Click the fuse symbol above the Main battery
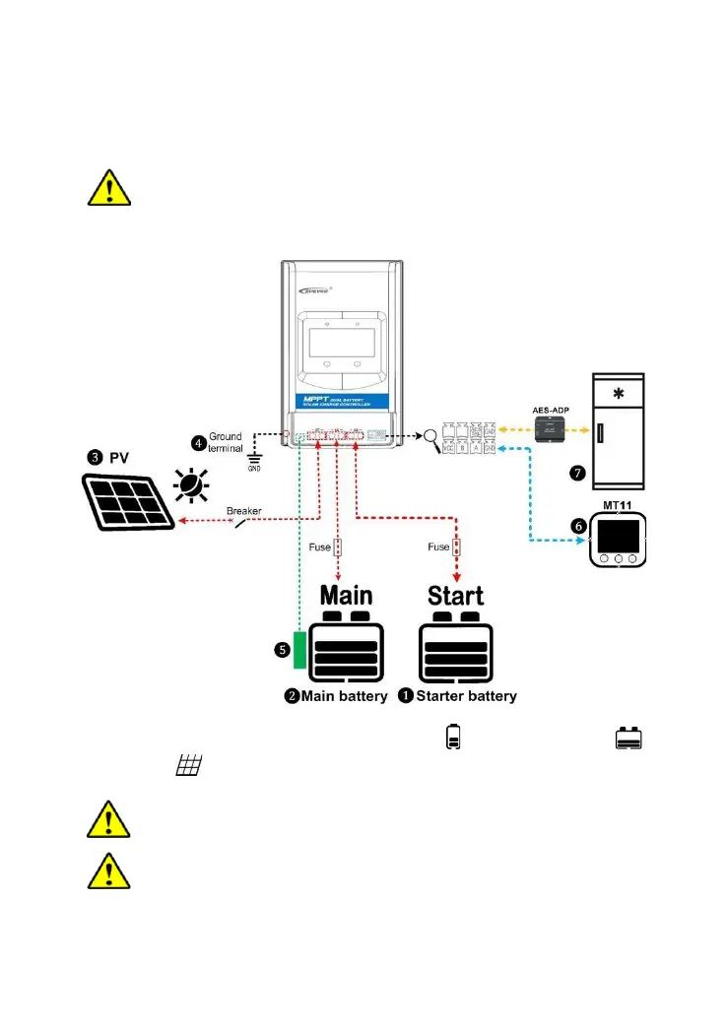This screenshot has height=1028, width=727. pos(337,547)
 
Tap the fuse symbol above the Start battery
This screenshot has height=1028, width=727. pos(455,547)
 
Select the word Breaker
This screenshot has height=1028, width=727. pos(243,511)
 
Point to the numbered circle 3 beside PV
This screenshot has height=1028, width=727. pos(95,457)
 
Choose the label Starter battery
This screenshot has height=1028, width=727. pos(466,696)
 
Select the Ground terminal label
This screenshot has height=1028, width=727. pos(225,442)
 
